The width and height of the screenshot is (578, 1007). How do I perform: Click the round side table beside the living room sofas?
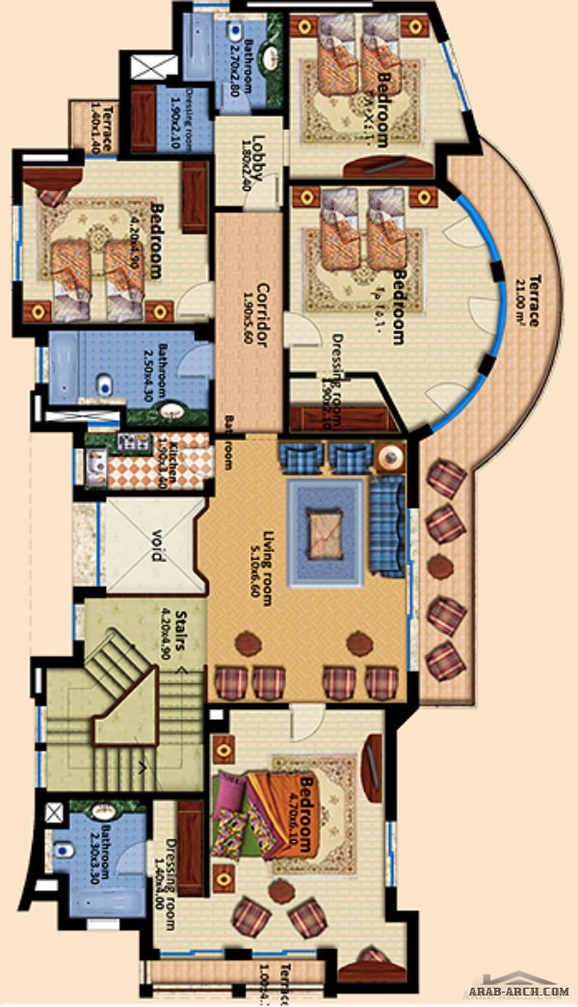389,457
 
